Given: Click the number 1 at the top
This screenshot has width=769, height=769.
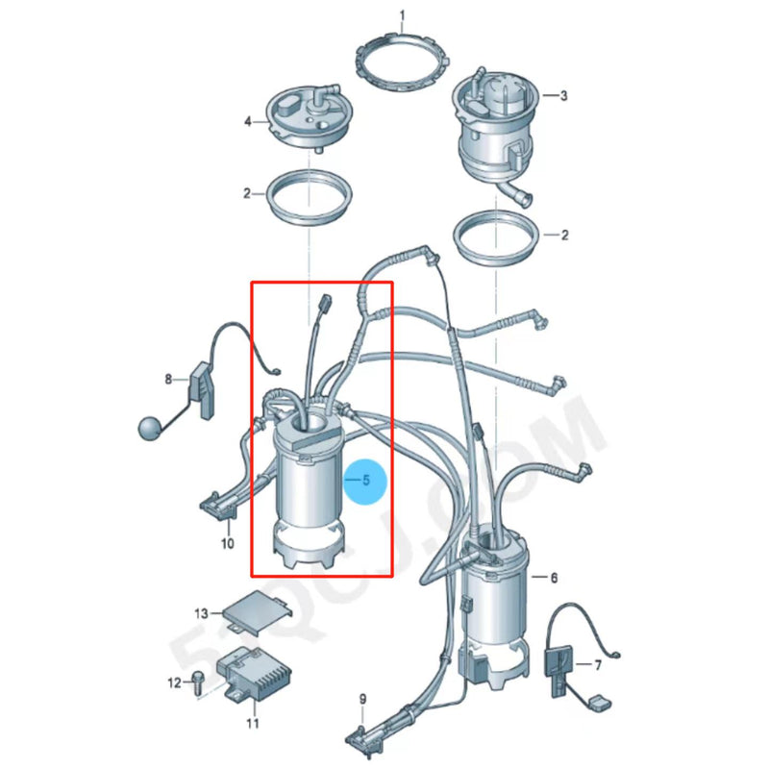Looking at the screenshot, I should [402, 14].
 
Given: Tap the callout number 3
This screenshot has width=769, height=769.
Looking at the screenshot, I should [563, 95].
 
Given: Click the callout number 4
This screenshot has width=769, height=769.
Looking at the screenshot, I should [247, 122].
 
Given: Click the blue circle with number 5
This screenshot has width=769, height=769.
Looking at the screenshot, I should [366, 479].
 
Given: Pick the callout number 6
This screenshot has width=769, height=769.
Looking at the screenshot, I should [554, 578].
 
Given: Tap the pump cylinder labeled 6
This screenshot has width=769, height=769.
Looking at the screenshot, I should [496, 606].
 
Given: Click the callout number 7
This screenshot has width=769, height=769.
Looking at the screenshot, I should [598, 665].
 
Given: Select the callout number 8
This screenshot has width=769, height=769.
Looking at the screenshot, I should [168, 379].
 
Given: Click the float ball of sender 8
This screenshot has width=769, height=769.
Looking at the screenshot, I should [149, 426].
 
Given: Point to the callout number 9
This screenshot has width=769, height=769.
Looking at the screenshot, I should [362, 699].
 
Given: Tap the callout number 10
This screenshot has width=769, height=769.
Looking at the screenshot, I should [228, 543].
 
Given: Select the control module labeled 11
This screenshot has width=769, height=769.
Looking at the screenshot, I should [255, 669].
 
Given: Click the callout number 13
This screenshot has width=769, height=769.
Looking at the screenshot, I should [201, 613].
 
